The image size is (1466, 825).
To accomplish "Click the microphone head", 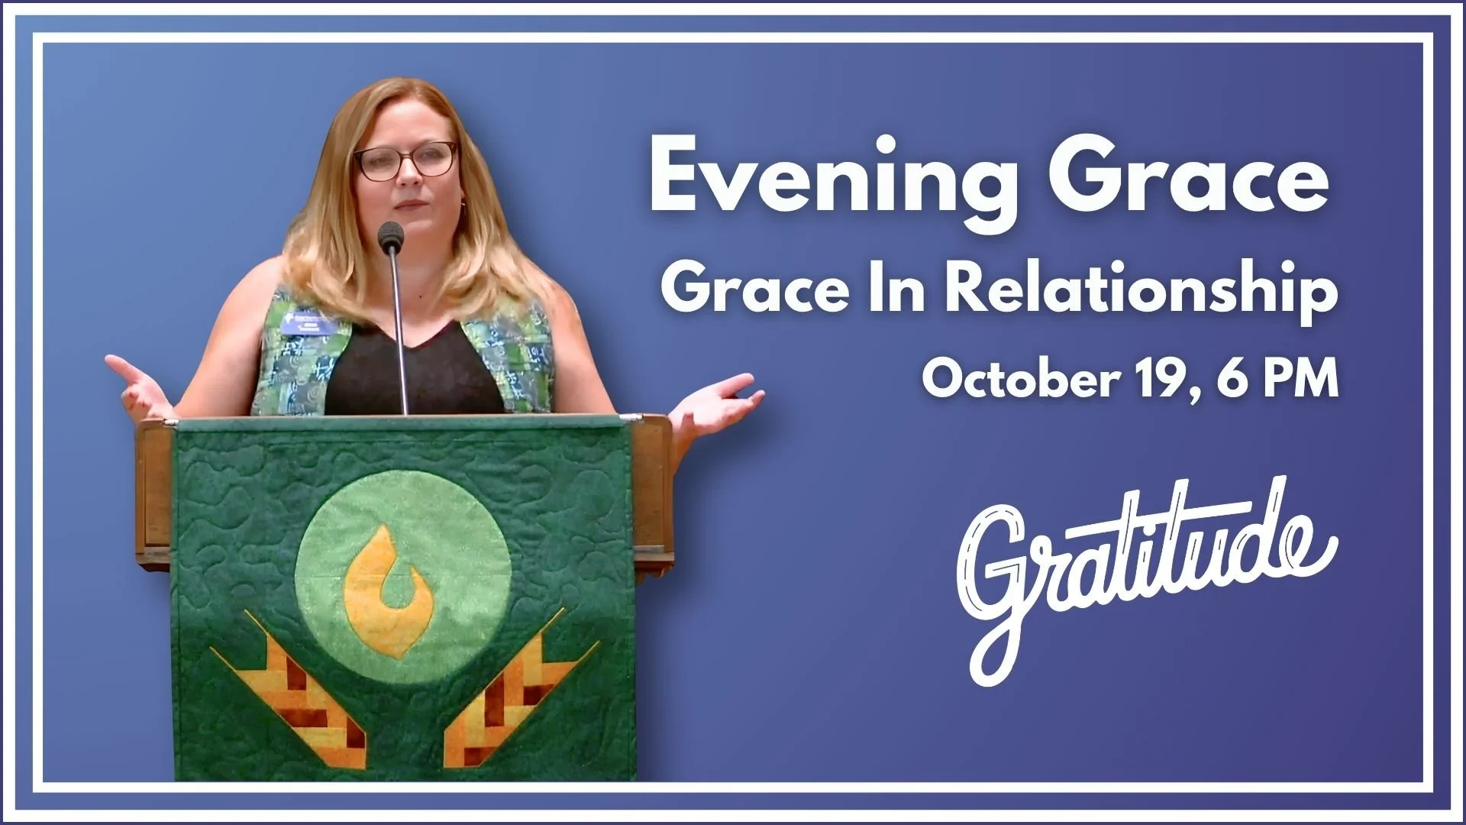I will click(x=390, y=235).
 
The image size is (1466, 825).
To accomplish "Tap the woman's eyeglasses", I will click(x=405, y=161).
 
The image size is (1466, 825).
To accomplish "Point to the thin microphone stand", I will click(x=398, y=336).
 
